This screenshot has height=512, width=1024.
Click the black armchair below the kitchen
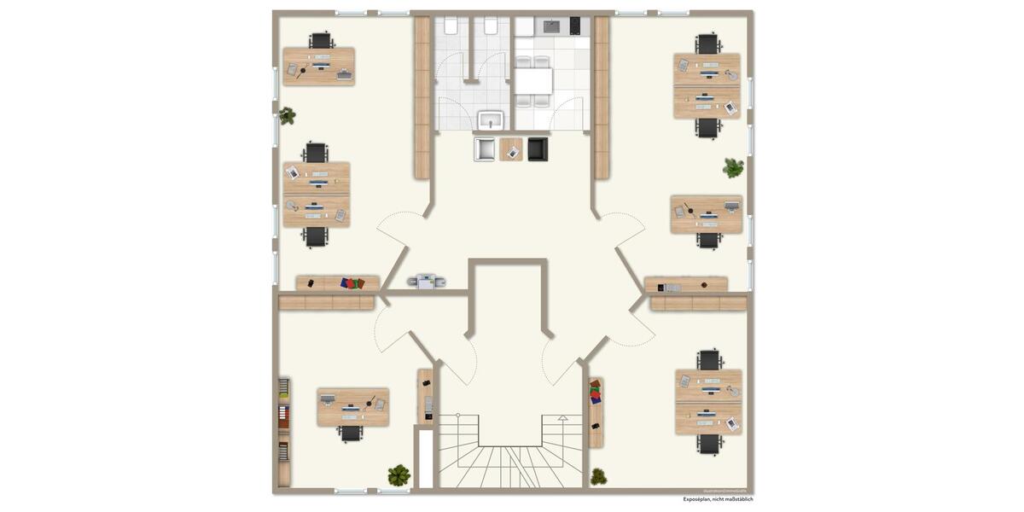538,149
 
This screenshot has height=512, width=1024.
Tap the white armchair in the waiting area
485,149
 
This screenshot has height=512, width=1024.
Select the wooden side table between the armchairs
511,149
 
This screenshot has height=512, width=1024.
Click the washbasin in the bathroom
491,119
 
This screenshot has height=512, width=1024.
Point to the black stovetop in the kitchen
575,25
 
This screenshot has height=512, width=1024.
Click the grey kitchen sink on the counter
550,26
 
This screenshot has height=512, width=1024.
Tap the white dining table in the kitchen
533,81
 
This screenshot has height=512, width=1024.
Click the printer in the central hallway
426,281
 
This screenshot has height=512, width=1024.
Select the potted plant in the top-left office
287,114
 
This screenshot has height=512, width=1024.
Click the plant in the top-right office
733,167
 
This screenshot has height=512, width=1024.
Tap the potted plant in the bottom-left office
399,474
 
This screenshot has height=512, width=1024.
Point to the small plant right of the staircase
598,476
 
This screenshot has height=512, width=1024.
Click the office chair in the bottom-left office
351,433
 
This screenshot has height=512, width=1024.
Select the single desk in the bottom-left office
352,407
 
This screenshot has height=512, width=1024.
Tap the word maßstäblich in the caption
739,499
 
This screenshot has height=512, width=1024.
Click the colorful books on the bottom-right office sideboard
595,393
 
